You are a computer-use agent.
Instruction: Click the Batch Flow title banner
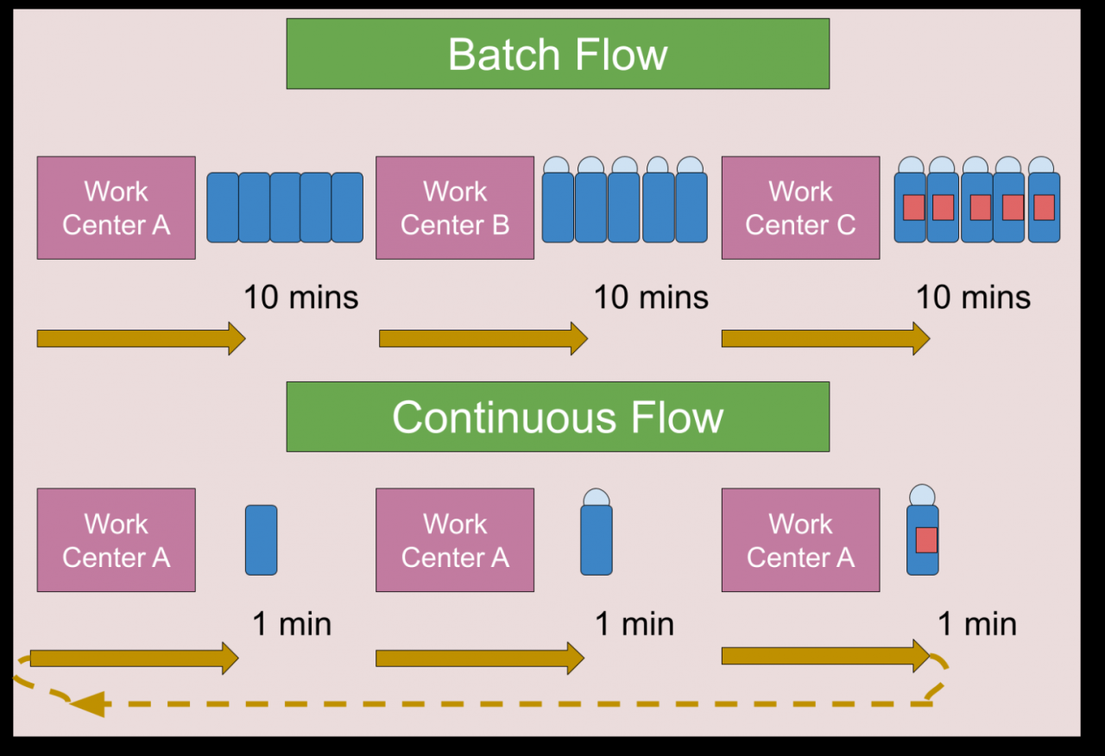click(558, 54)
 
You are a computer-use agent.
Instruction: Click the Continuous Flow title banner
click(558, 417)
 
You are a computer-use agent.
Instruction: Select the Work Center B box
click(454, 208)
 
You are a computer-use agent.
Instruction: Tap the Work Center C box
click(800, 208)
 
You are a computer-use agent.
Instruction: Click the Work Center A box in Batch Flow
click(116, 208)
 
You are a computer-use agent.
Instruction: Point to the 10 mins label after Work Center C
click(973, 298)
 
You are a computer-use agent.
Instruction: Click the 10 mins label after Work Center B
click(651, 298)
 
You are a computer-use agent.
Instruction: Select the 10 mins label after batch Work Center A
click(300, 298)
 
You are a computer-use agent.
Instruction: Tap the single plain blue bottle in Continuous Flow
click(261, 540)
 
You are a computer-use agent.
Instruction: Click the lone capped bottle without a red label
click(596, 535)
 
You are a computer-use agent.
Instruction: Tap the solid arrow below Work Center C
click(825, 338)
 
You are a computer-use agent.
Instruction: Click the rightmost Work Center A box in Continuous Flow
click(800, 540)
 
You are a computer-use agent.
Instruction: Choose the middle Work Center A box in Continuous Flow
click(454, 540)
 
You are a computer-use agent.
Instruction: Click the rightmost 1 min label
click(977, 624)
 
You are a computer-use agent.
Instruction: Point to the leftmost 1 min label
click(292, 624)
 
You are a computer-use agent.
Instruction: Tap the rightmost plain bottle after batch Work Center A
click(347, 208)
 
